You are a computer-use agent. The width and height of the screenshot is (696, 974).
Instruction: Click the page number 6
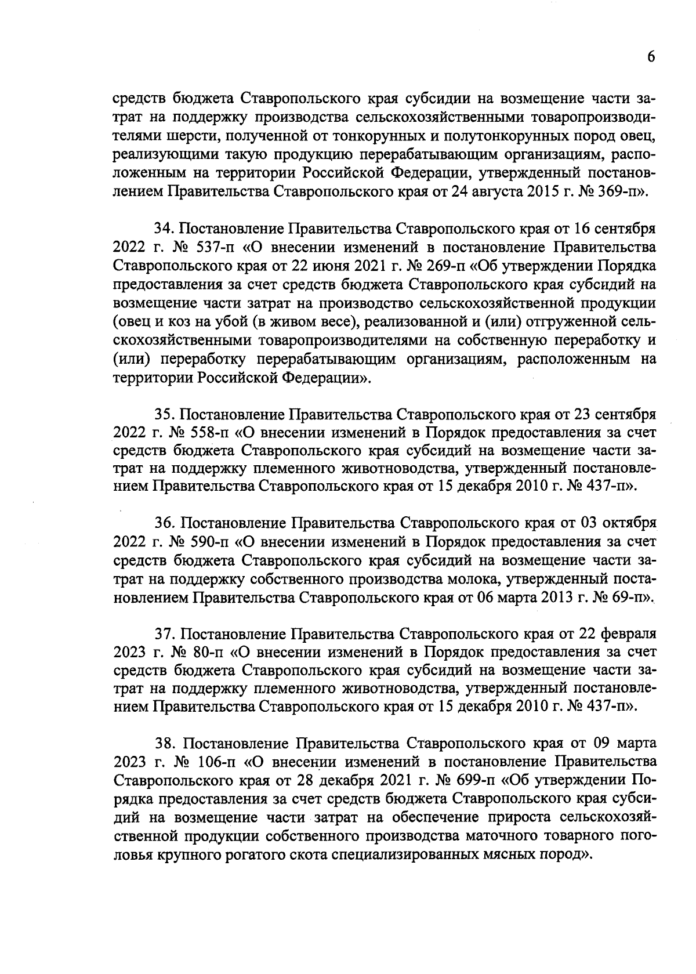point(651,57)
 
